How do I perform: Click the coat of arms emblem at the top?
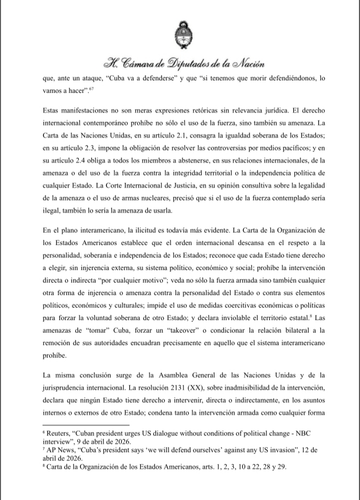point(180,36)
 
